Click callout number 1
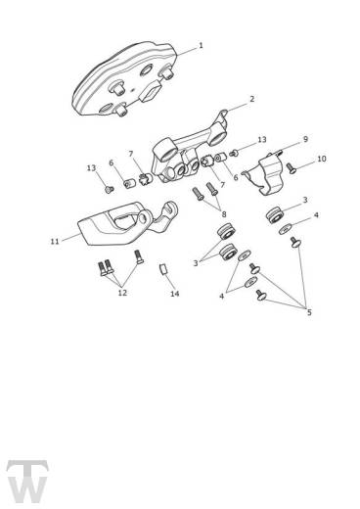click(201, 45)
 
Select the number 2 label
click(251, 99)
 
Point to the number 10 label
click(322, 159)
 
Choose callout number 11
click(54, 239)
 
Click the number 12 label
click(122, 292)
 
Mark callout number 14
click(175, 294)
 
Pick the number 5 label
click(309, 313)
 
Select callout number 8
click(223, 213)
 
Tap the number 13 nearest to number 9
click(262, 140)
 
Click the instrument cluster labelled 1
click(128, 85)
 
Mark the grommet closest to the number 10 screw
click(275, 213)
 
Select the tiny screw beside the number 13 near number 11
click(110, 187)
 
